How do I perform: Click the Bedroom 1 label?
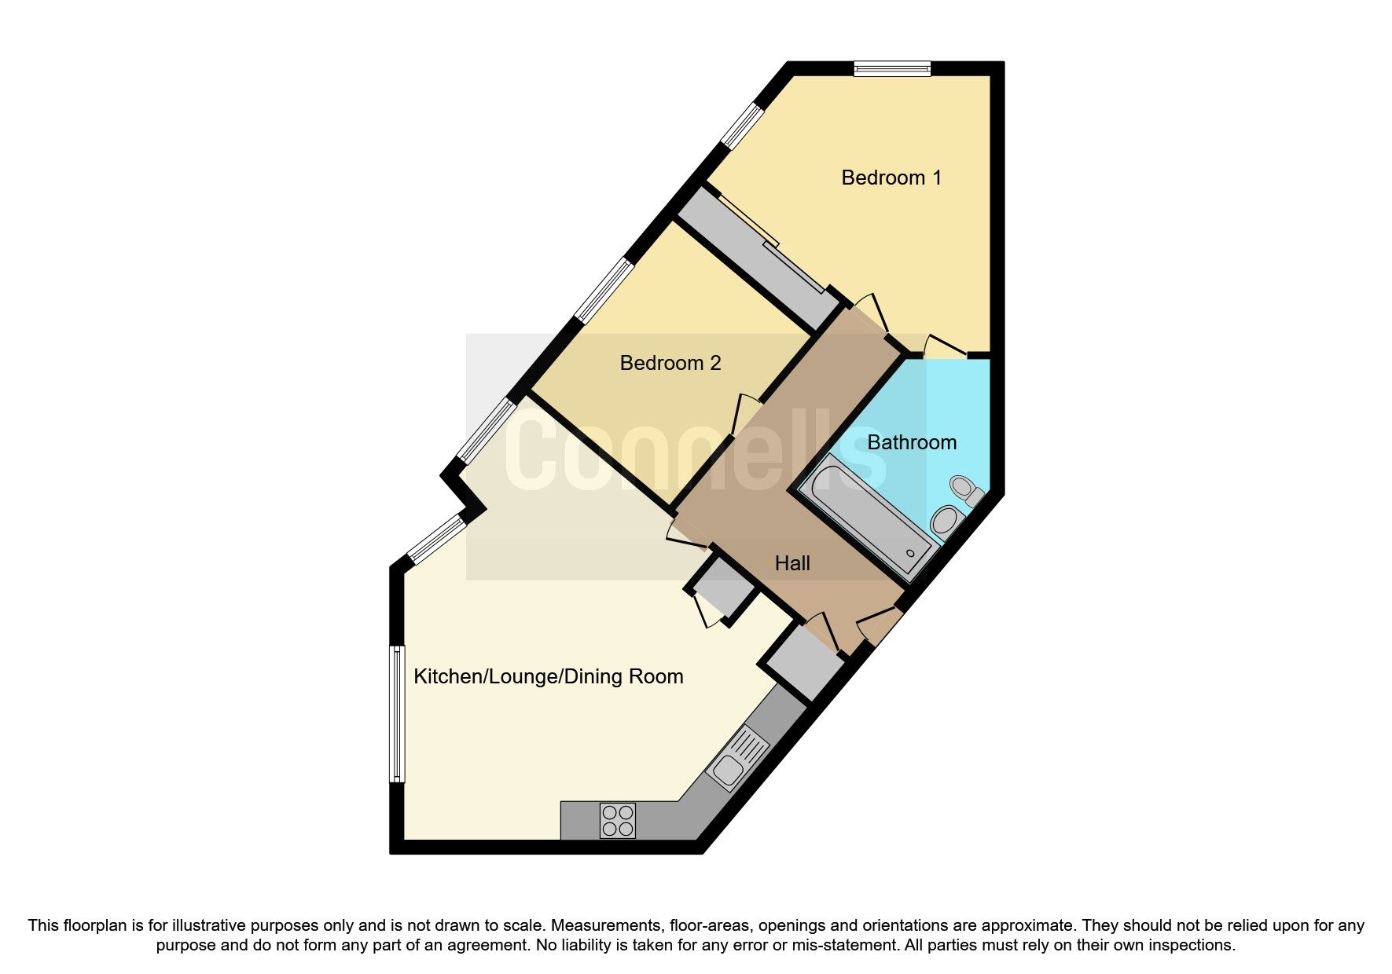[x=891, y=178]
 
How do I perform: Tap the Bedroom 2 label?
[x=670, y=363]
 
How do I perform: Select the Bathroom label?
[x=911, y=442]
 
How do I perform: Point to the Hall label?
[x=791, y=563]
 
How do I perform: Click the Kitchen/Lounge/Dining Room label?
[x=548, y=676]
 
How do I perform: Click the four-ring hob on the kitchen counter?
[x=617, y=820]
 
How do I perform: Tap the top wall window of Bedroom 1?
[x=892, y=69]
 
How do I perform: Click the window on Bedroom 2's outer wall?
[x=604, y=290]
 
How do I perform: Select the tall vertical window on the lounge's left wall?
[x=398, y=713]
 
